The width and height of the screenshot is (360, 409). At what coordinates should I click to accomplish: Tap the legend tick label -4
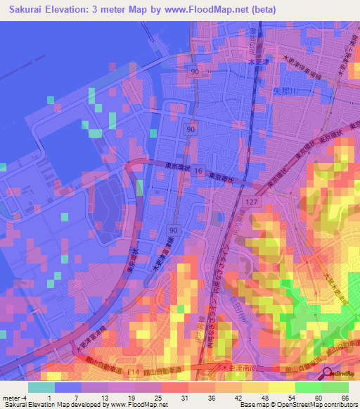pos(26,398)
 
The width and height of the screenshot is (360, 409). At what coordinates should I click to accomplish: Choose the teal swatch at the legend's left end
pos(41,387)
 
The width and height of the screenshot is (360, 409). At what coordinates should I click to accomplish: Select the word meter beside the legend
pos(12,398)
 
